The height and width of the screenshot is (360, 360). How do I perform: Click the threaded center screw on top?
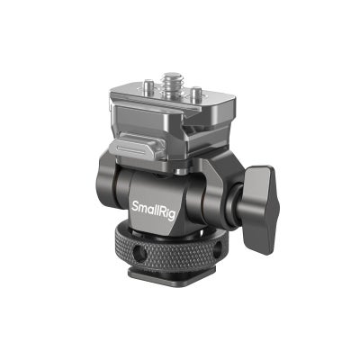coord(172,90)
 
